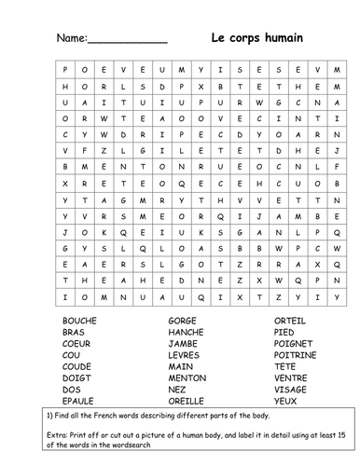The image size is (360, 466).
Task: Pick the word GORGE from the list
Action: click(175, 319)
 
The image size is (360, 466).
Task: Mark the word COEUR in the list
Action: click(78, 343)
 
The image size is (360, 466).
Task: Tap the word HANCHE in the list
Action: click(178, 331)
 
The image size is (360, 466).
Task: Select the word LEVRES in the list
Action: click(177, 355)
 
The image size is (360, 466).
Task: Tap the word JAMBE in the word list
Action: click(175, 343)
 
